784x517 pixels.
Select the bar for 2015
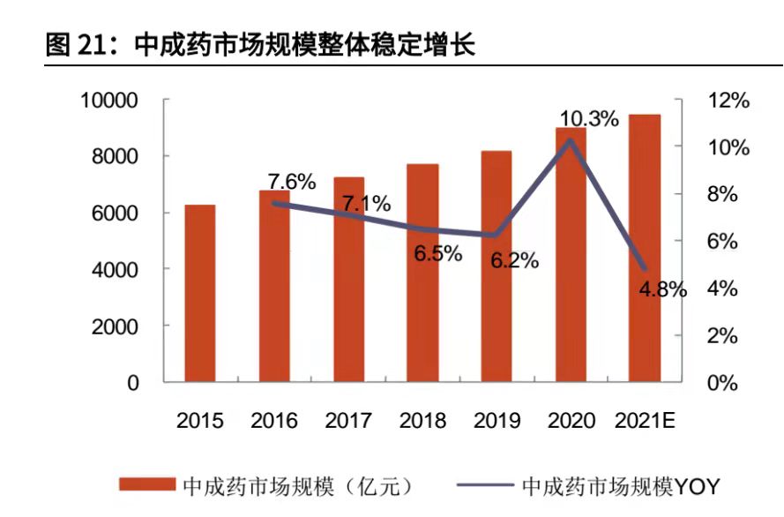pyautogui.click(x=199, y=294)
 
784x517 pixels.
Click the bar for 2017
pyautogui.click(x=348, y=280)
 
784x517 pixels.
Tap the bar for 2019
pyautogui.click(x=497, y=266)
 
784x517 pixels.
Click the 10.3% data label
pyautogui.click(x=589, y=118)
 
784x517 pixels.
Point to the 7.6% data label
pyautogui.click(x=291, y=183)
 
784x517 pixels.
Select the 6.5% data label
pyautogui.click(x=438, y=253)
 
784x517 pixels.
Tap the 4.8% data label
pyautogui.click(x=661, y=288)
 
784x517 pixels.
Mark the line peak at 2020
pyautogui.click(x=571, y=140)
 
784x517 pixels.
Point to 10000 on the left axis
pyautogui.click(x=109, y=100)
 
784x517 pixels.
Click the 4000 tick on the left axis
pyautogui.click(x=116, y=269)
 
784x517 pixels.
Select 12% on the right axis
pyautogui.click(x=728, y=101)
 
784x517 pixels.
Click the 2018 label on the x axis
pyautogui.click(x=422, y=421)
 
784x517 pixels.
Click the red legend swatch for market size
pyautogui.click(x=147, y=485)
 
